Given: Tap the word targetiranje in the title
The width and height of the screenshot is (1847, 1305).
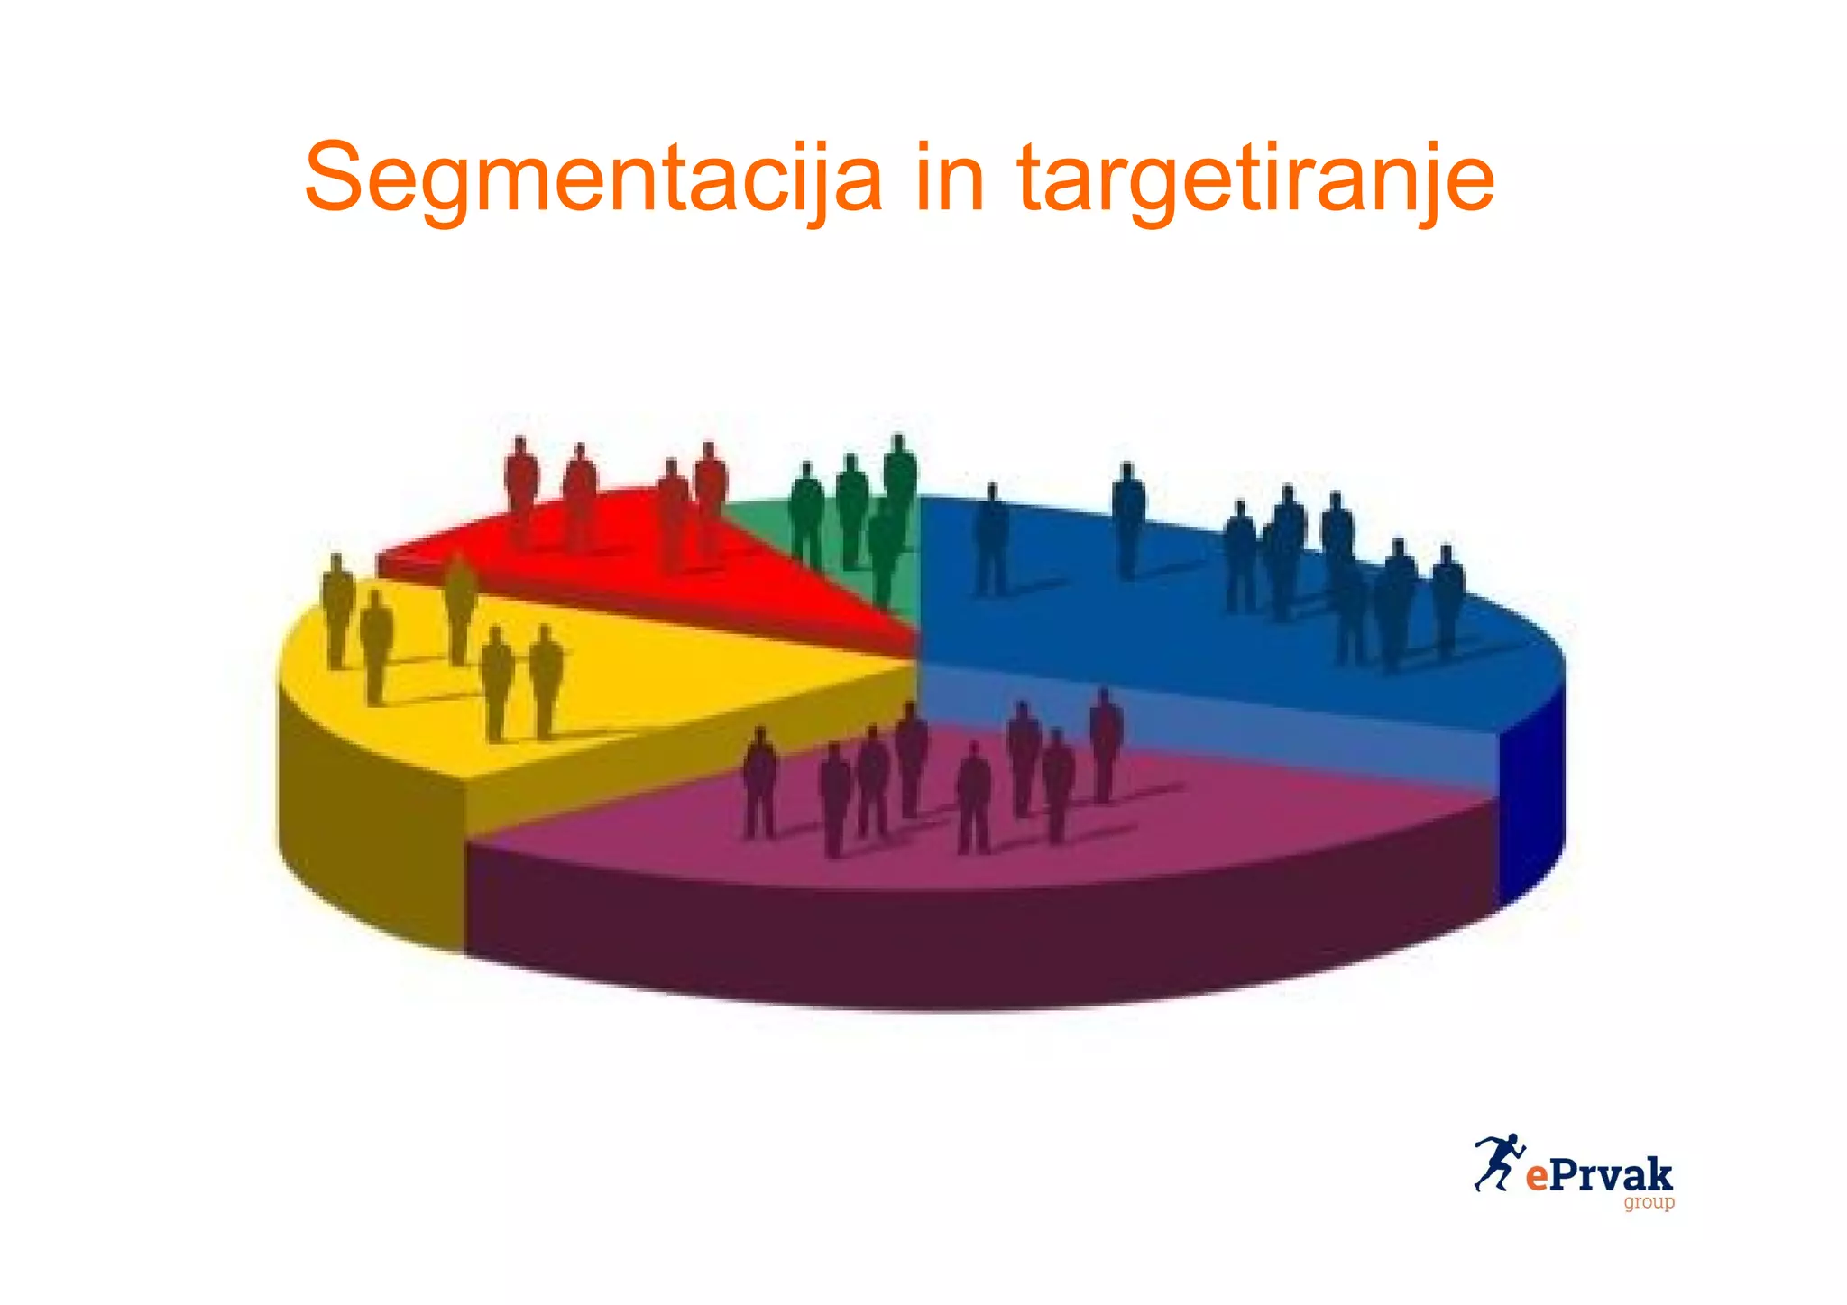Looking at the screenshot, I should point(1255,179).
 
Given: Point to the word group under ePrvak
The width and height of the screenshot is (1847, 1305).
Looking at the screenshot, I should point(1649,1202).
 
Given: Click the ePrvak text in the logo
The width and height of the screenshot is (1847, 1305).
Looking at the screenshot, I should point(1599,1175).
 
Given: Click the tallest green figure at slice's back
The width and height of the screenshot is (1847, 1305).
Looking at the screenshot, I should point(899,478).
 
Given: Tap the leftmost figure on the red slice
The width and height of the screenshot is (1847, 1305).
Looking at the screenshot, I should point(521,487).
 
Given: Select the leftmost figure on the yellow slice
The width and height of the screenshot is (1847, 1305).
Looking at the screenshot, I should point(337,609).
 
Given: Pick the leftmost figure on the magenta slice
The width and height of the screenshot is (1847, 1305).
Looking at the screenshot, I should point(760,780).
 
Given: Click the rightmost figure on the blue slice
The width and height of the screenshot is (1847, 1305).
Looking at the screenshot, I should point(1447,595).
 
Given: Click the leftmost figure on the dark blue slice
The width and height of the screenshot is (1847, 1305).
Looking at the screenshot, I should point(992,537).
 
